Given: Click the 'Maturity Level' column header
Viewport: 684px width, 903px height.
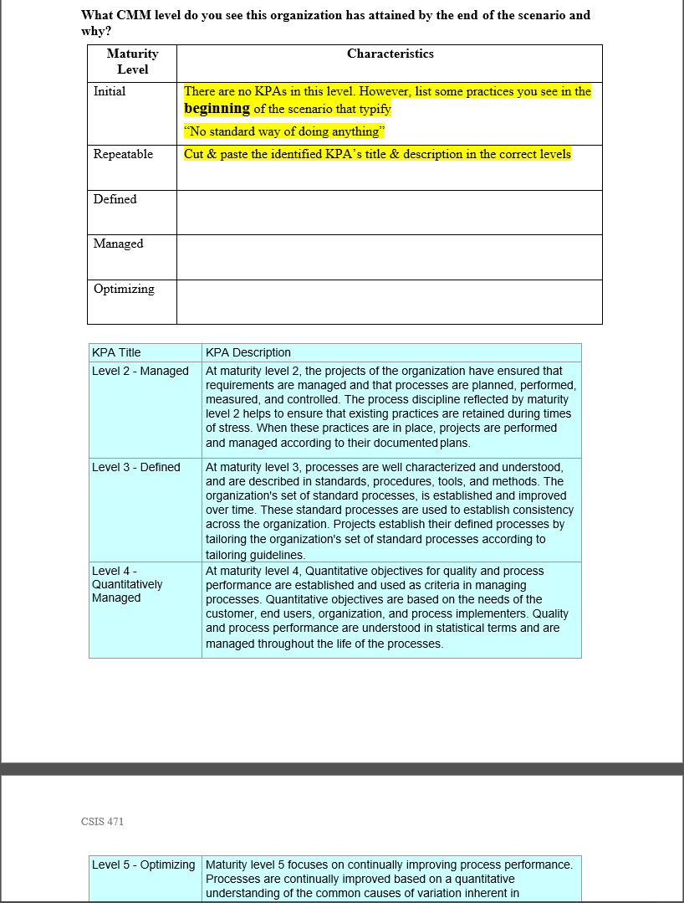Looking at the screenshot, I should tap(132, 61).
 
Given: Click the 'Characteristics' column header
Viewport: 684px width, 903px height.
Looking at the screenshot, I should tap(390, 54).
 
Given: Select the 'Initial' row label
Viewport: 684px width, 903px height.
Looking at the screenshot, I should tap(110, 91).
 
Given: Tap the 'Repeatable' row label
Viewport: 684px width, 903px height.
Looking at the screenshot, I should tap(123, 154).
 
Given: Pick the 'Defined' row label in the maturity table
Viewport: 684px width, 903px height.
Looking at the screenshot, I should tap(115, 199).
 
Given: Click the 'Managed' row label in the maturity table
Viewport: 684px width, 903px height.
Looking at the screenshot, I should tap(118, 244).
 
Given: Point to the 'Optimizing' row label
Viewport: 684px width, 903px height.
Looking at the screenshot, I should tap(124, 289).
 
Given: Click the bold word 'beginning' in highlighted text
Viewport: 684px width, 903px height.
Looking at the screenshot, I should tap(217, 109).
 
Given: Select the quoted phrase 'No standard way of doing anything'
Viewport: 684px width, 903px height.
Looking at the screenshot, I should tap(283, 131).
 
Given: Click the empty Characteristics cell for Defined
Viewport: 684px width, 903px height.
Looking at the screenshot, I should tap(389, 213).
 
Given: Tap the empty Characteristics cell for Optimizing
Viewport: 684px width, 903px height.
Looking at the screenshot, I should tap(389, 302).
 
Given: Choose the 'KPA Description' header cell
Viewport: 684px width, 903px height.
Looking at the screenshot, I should tap(248, 352).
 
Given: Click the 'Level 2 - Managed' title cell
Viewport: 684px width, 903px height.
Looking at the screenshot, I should tap(140, 371).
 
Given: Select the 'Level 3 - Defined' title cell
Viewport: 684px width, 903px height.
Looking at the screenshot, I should tap(136, 467).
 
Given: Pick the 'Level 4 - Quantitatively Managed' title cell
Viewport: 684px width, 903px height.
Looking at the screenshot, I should tap(127, 584).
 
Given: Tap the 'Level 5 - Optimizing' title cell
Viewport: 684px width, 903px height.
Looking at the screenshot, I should tap(143, 865).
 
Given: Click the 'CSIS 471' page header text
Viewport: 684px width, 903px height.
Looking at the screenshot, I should tap(102, 821).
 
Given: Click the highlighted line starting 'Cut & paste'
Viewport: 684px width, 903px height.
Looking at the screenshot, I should tap(377, 154).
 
